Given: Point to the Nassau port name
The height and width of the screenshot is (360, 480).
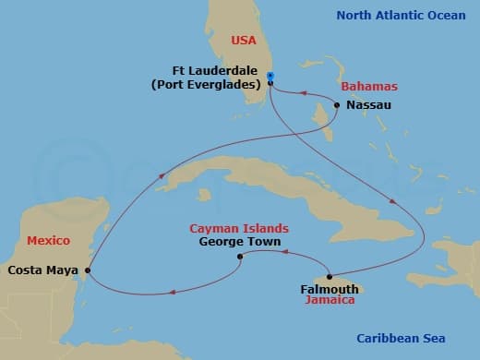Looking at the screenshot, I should [369, 105].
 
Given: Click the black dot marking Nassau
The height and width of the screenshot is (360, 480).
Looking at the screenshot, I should [337, 105].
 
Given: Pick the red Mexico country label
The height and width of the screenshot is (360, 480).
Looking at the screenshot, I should [48, 240].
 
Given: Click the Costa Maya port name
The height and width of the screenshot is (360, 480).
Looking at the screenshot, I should [42, 270].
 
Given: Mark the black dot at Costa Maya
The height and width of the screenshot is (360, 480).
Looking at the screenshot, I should [88, 270].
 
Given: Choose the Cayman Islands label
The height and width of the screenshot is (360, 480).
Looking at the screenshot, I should [239, 228].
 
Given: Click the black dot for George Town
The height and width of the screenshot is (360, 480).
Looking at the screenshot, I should [240, 257].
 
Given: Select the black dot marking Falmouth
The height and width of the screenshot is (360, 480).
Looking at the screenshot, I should [330, 277].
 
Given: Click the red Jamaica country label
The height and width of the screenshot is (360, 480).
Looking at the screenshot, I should [330, 301].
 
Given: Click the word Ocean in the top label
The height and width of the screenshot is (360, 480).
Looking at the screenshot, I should [450, 15].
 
